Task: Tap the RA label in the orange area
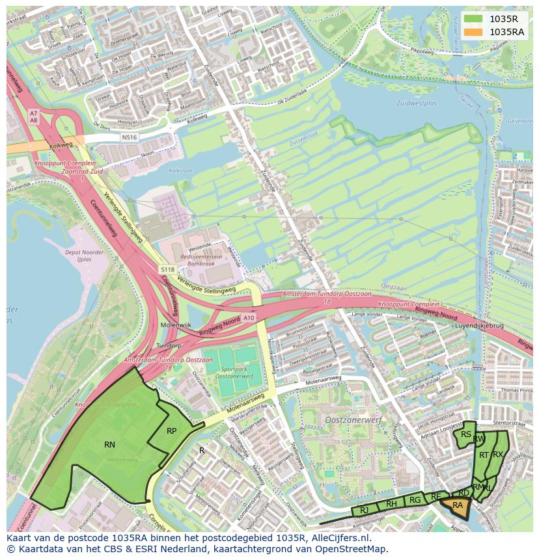458,505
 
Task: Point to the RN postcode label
109,445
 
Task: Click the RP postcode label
171,431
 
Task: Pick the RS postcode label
465,434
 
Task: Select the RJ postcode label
365,511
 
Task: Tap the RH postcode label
391,504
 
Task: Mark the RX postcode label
498,455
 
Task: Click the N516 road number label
130,138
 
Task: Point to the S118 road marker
168,269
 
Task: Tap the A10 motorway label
249,318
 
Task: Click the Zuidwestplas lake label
416,103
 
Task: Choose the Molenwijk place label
175,325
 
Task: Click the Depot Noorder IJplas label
85,255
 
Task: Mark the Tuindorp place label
169,345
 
